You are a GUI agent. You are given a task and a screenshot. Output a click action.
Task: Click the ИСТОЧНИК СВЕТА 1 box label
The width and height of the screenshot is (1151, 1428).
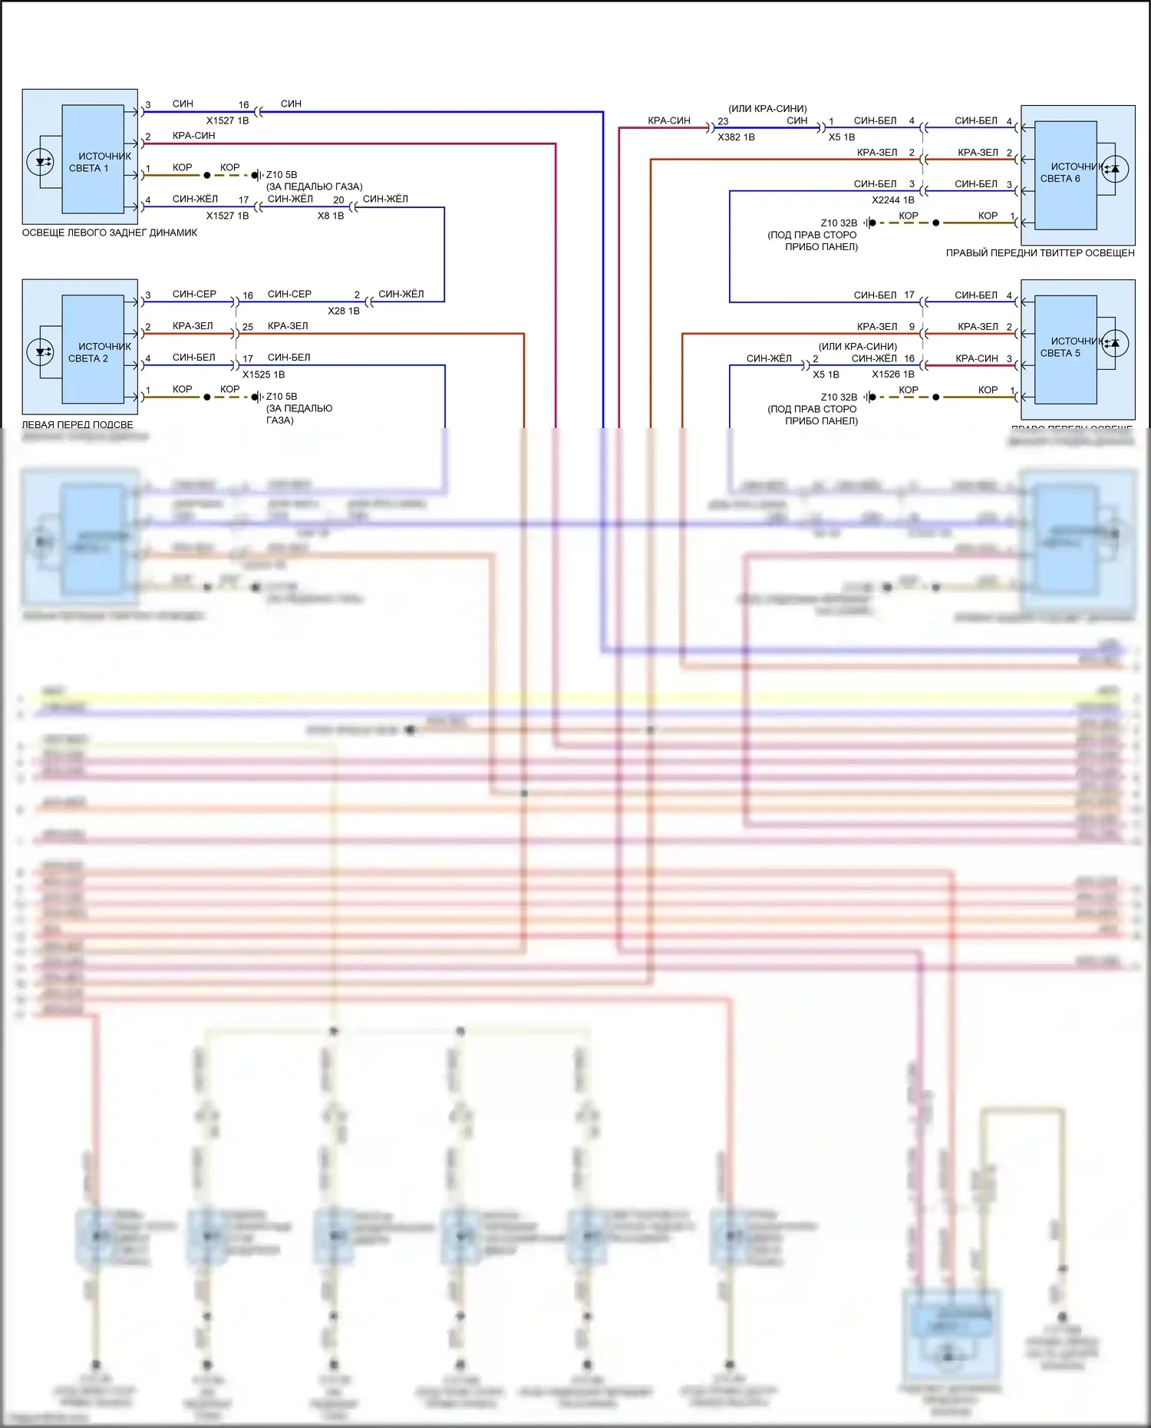[100, 162]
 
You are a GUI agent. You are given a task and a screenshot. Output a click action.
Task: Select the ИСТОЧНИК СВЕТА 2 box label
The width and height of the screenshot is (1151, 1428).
[100, 352]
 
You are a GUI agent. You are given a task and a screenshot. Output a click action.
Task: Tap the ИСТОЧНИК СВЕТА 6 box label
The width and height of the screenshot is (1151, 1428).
[1067, 172]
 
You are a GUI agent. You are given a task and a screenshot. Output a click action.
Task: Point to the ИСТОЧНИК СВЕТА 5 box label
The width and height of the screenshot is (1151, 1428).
[1067, 347]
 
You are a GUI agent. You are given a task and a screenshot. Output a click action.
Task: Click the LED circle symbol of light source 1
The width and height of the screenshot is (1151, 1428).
[40, 162]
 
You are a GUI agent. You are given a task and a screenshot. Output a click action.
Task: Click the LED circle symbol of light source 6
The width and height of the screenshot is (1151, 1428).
[1115, 169]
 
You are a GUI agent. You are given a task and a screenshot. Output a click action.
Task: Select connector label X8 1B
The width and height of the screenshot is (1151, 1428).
[331, 216]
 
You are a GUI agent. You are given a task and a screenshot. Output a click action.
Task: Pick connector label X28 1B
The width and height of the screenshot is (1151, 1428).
[343, 312]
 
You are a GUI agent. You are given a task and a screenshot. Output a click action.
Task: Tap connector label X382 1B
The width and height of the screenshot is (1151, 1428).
[736, 137]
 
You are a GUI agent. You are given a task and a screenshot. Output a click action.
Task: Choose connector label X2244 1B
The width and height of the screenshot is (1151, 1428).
[892, 200]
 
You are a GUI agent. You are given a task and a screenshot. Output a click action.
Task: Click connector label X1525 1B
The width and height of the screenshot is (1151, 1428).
[263, 375]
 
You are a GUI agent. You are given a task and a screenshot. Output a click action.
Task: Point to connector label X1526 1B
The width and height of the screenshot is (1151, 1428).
[892, 374]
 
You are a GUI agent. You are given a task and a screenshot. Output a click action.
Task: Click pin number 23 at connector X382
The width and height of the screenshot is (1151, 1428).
[723, 122]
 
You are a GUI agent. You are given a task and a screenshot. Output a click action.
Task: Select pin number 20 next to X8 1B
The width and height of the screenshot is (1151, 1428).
[338, 200]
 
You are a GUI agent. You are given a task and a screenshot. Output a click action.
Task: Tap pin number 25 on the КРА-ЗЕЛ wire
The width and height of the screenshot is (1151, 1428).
[248, 327]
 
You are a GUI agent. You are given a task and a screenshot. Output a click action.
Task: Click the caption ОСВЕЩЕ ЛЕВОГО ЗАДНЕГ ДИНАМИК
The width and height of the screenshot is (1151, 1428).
[110, 233]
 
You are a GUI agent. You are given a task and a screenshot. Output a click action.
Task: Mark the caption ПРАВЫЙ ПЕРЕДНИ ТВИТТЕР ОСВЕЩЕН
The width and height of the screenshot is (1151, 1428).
[1040, 253]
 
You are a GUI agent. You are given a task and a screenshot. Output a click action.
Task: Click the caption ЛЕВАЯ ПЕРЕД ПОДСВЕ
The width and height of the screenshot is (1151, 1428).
[78, 424]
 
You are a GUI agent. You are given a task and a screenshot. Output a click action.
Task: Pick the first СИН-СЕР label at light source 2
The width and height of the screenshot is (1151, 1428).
[194, 294]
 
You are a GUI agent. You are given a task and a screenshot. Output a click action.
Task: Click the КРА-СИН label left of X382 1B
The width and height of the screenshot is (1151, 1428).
[668, 120]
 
